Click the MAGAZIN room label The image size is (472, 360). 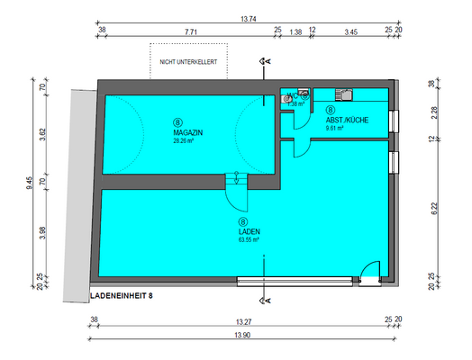tap(188, 132)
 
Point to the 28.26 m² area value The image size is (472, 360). tap(188, 140)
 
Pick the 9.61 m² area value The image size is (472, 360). tap(335, 128)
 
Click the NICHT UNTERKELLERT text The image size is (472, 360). tap(188, 62)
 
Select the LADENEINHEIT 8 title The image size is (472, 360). tap(128, 295)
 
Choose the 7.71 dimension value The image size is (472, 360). tap(191, 31)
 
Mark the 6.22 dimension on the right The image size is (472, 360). tap(434, 209)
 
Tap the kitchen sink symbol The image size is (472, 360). tap(345, 93)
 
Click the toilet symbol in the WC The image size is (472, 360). tap(287, 99)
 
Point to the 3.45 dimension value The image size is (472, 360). tap(351, 31)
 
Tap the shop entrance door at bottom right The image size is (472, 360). tap(369, 270)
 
